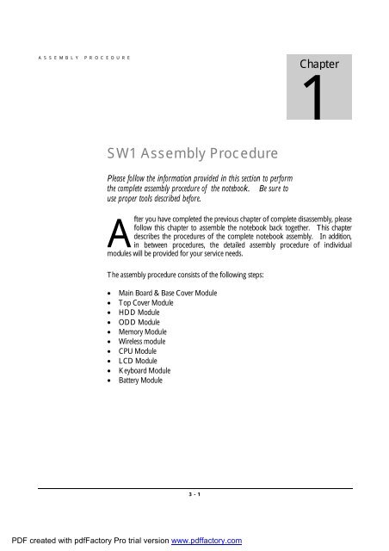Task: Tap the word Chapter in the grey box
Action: click(319, 64)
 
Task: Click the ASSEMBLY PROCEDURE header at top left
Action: click(83, 59)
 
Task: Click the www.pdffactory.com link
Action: click(207, 541)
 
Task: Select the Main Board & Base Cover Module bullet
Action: click(161, 294)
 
